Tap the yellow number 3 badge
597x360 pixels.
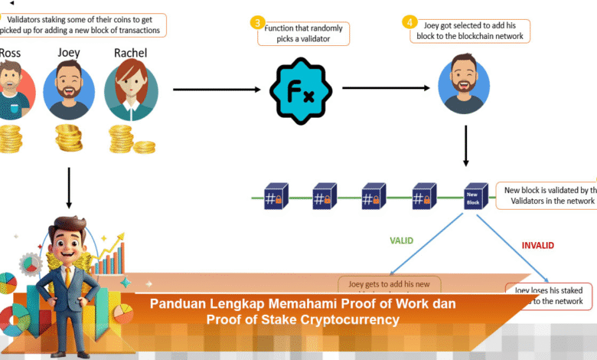click(258, 23)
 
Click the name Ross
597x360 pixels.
click(10, 53)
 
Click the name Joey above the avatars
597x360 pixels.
click(69, 53)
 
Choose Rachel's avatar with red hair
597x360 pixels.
click(131, 90)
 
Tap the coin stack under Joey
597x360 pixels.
click(69, 138)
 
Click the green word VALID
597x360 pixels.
click(400, 241)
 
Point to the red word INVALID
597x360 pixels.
click(537, 246)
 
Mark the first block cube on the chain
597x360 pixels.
click(275, 196)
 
